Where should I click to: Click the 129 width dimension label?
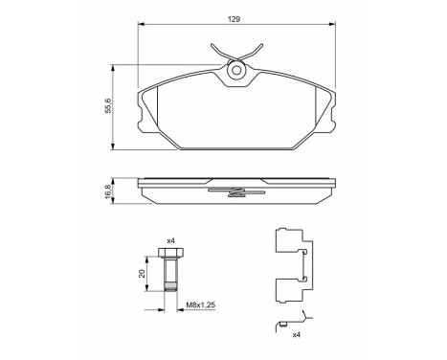click(x=235, y=18)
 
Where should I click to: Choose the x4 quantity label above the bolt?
click(x=170, y=239)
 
